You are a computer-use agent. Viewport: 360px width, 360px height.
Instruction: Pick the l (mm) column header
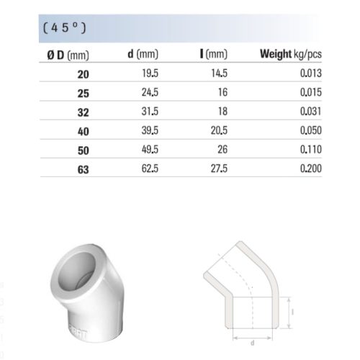click(x=213, y=55)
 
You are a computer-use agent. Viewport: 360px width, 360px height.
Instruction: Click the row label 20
click(x=80, y=73)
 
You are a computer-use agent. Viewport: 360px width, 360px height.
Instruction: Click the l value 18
click(x=222, y=112)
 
